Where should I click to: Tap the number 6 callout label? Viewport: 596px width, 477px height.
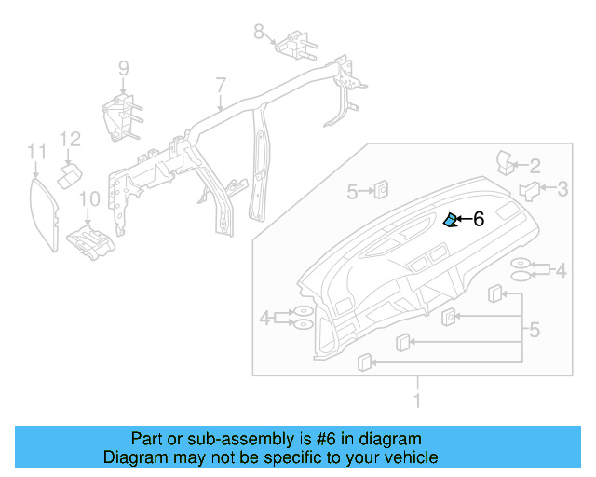pyautogui.click(x=479, y=219)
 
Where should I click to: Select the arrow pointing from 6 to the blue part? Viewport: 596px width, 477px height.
pyautogui.click(x=463, y=220)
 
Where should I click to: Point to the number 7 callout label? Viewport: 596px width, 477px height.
pyautogui.click(x=221, y=86)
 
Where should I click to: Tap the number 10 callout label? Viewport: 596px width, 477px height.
pyautogui.click(x=88, y=198)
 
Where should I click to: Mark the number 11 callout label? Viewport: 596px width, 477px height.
pyautogui.click(x=35, y=151)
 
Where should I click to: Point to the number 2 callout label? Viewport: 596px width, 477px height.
pyautogui.click(x=535, y=166)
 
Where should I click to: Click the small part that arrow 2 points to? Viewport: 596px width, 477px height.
pyautogui.click(x=507, y=160)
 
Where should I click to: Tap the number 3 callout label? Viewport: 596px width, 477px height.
pyautogui.click(x=562, y=189)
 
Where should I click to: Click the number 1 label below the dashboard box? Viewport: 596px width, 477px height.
pyautogui.click(x=417, y=401)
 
